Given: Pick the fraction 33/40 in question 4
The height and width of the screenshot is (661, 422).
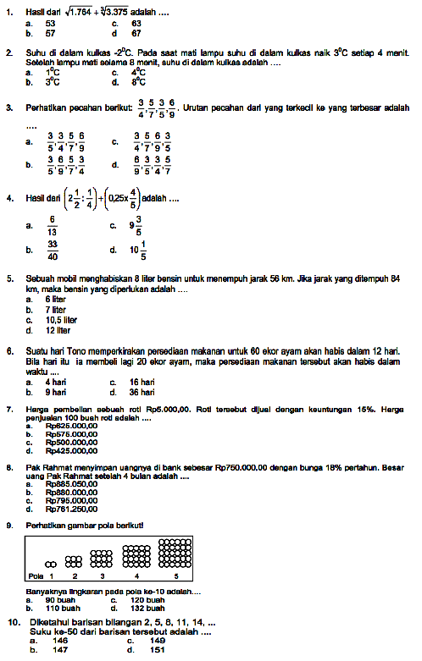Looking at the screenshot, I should [x=53, y=251].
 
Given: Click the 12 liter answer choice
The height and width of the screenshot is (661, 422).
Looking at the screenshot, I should [x=58, y=330].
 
